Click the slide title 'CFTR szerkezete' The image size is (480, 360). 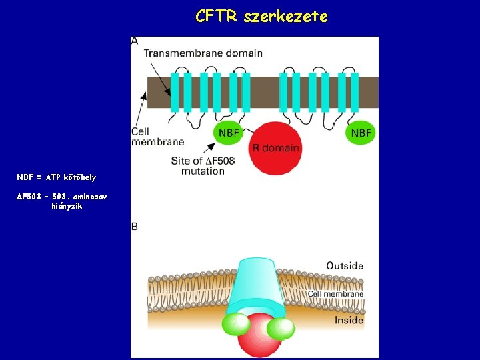[261, 17]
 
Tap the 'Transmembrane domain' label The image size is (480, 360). [203, 53]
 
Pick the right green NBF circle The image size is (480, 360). [361, 133]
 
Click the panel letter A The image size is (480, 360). [135, 41]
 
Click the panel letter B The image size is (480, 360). [135, 227]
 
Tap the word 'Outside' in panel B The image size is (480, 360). [345, 265]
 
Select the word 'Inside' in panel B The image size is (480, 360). [349, 320]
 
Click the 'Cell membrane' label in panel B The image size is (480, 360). [335, 293]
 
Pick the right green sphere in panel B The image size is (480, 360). [281, 328]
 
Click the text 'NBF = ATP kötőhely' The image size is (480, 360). [57, 177]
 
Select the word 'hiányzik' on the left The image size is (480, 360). [67, 207]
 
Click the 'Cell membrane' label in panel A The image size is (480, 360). [157, 136]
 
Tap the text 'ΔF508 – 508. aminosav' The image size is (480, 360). [61, 197]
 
